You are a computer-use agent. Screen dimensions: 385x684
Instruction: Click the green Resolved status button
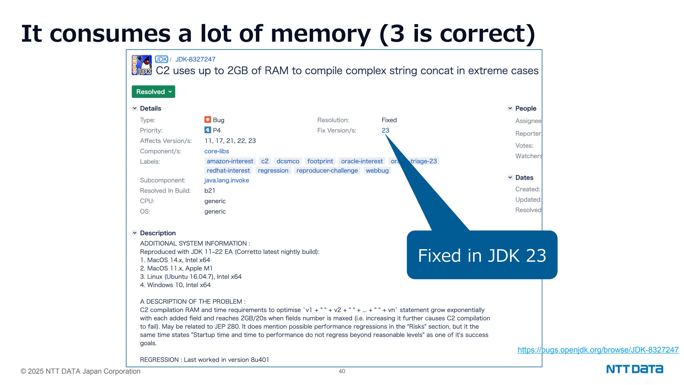pos(153,92)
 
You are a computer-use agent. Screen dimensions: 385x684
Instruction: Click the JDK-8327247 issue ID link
pos(195,59)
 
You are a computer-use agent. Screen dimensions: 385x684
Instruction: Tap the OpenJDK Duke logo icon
pos(142,65)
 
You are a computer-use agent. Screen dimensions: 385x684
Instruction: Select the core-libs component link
pos(216,151)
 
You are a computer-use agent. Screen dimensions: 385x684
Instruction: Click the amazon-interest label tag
pos(230,161)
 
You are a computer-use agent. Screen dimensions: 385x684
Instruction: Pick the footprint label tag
pos(320,161)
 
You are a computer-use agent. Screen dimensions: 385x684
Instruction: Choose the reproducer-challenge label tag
pos(327,171)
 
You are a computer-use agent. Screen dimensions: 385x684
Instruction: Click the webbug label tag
pos(377,171)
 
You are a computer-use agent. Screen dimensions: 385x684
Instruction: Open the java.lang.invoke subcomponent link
pos(226,180)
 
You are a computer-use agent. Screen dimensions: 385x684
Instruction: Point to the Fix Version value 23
pos(385,131)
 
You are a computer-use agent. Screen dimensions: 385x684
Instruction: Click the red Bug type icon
pos(208,120)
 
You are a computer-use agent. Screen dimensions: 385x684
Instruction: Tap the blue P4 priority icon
pos(208,130)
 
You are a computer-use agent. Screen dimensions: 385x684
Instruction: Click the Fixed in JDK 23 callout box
pos(482,255)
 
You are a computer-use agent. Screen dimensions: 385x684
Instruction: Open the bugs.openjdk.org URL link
pos(598,350)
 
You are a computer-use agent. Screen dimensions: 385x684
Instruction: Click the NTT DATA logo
pos(635,369)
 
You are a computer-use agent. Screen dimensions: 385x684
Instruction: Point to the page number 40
pos(342,371)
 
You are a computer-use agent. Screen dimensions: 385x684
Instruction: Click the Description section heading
pos(158,233)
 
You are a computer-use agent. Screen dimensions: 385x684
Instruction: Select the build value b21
pos(210,191)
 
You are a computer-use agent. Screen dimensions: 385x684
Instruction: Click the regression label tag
pos(273,171)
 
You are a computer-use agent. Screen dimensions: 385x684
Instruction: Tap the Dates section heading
pos(524,178)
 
